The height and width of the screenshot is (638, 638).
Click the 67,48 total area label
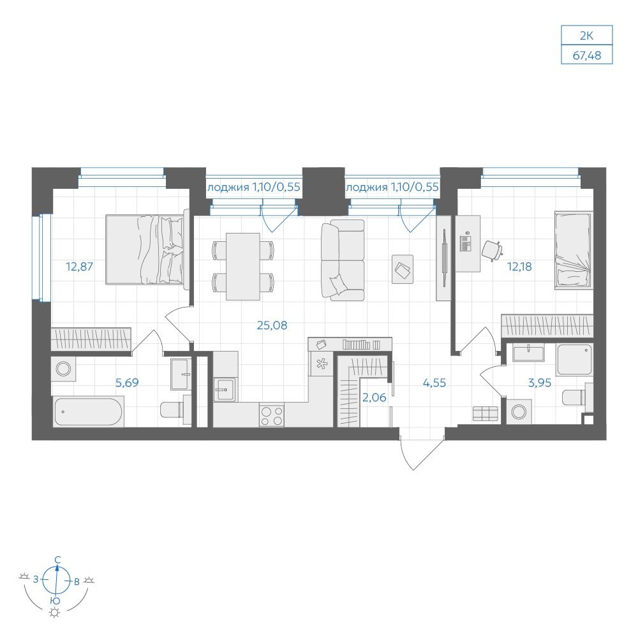[x=587, y=55]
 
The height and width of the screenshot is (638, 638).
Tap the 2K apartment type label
[x=587, y=36]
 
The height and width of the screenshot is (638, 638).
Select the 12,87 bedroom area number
[x=79, y=267]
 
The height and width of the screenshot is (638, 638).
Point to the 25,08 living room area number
[x=272, y=325]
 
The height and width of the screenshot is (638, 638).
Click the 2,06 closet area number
[x=374, y=397]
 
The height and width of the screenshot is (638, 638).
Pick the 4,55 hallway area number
[x=434, y=383]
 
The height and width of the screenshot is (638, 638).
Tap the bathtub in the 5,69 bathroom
[x=88, y=412]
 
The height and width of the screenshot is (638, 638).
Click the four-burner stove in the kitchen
[x=272, y=415]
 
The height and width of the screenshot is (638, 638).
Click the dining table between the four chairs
[x=243, y=267]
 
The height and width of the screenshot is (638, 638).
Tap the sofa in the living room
[x=343, y=260]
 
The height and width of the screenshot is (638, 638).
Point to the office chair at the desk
[x=492, y=250]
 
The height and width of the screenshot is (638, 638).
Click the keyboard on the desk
[x=465, y=243]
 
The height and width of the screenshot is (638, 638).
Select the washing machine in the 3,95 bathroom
[x=519, y=412]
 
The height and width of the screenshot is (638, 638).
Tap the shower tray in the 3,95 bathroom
[x=575, y=359]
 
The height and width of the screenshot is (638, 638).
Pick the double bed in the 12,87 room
[x=147, y=249]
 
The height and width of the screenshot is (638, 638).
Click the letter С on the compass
[x=58, y=560]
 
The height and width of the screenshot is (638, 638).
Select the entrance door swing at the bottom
[x=420, y=453]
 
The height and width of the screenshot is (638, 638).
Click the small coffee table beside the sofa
[x=403, y=269]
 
